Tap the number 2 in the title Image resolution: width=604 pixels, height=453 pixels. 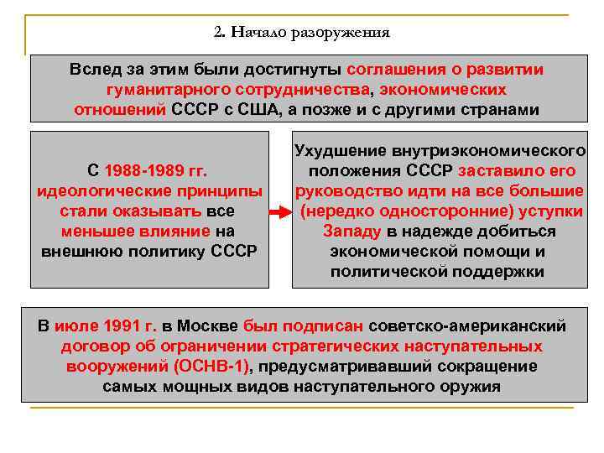[218, 34]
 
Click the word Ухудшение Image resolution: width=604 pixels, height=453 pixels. [340, 152]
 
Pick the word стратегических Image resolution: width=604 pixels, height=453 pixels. [347, 346]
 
